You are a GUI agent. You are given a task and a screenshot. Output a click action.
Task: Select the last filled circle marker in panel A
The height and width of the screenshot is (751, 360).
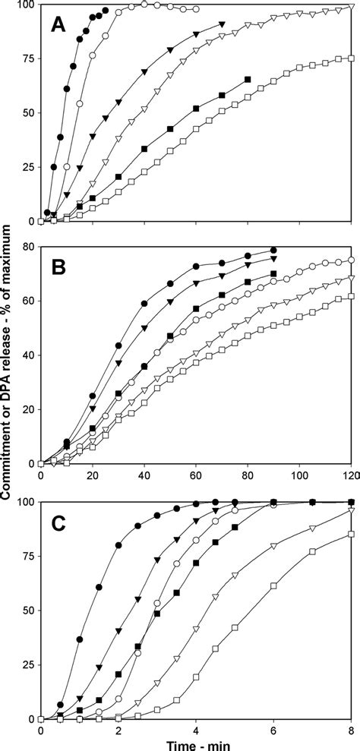point(106,10)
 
